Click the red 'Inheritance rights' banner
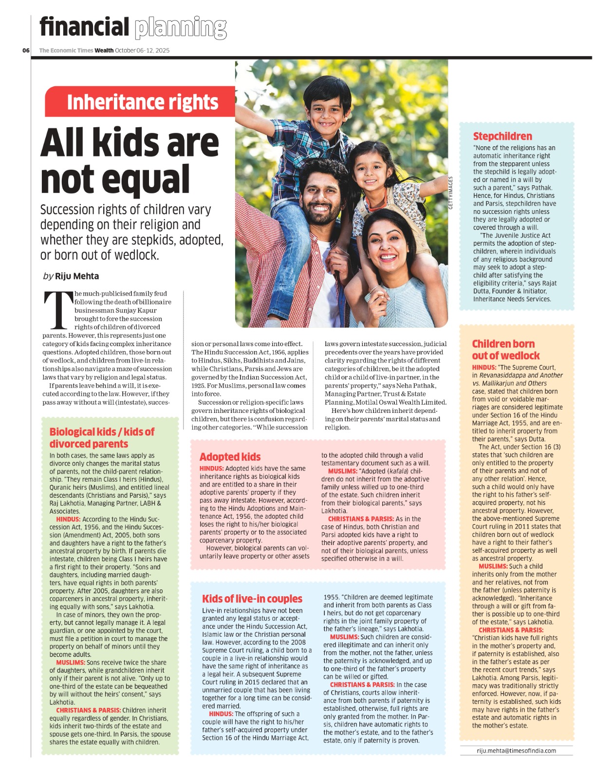tap(142, 102)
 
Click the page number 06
tap(26, 50)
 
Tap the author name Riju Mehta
tap(77, 276)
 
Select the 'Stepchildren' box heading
tap(502, 136)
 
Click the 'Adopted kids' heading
tap(230, 457)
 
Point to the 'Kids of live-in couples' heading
tap(252, 599)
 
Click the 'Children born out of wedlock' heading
tap(505, 350)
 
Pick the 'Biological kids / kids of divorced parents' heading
tap(102, 438)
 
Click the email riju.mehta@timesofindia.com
tap(516, 751)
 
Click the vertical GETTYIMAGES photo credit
tap(450, 193)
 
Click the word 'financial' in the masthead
tap(84, 27)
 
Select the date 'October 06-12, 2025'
tap(142, 50)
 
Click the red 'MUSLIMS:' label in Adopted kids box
tap(343, 471)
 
